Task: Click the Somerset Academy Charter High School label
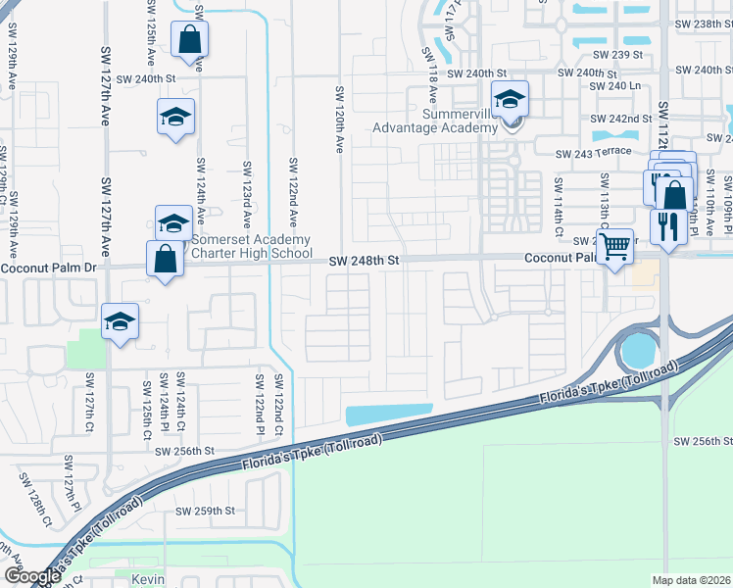pyautogui.click(x=251, y=246)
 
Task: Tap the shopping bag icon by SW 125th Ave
pyautogui.click(x=189, y=41)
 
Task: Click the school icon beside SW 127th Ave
pyautogui.click(x=120, y=321)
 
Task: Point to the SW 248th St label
pyautogui.click(x=365, y=261)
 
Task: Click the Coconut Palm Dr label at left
pyautogui.click(x=37, y=269)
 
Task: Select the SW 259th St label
pyautogui.click(x=206, y=511)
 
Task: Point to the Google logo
pyautogui.click(x=31, y=576)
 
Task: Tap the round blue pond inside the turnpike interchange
pyautogui.click(x=638, y=348)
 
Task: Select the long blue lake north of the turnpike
pyautogui.click(x=388, y=415)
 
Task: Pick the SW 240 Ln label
pyautogui.click(x=613, y=86)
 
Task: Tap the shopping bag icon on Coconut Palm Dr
pyautogui.click(x=165, y=261)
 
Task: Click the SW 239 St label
pyautogui.click(x=622, y=55)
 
